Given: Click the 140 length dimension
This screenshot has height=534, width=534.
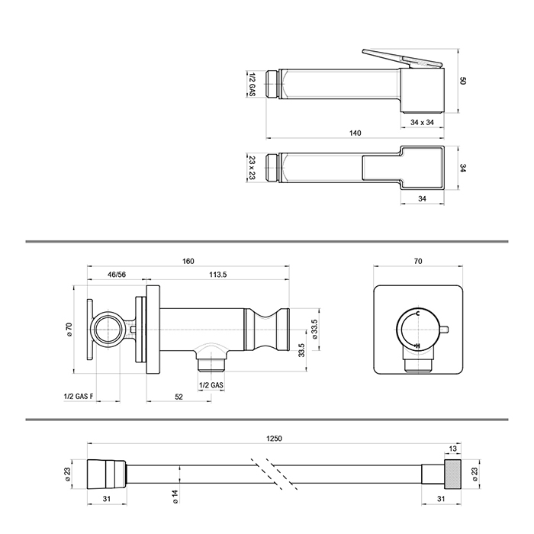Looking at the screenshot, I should pos(355,133).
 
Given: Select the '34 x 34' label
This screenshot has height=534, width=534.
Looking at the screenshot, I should pos(422,122).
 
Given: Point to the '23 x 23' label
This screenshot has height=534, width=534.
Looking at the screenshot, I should pos(253,166).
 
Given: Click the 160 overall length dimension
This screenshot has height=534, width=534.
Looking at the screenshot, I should pos(188,262).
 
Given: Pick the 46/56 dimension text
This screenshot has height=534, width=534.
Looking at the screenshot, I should pos(116,274).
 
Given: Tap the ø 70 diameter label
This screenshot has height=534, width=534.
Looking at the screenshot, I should pos(69,331).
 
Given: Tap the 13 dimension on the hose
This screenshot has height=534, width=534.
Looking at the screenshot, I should pos(454,449).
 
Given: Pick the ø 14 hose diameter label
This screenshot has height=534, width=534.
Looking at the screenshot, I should pos(175,497).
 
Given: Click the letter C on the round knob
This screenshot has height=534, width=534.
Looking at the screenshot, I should pos(417,314).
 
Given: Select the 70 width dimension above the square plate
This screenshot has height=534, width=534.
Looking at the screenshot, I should pos(417,262).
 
